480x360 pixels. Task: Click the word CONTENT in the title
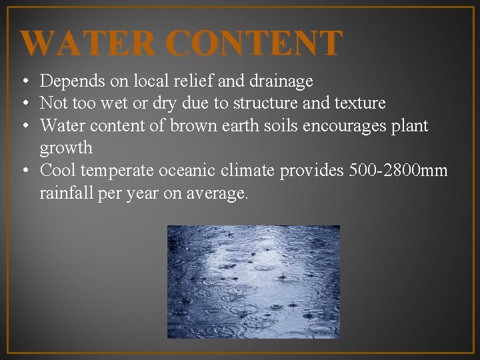[255, 43]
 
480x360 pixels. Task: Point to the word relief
[193, 81]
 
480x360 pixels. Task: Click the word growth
[66, 147]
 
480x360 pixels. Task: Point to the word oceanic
[189, 171]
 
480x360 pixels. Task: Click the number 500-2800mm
[397, 171]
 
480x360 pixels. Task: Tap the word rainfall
[66, 193]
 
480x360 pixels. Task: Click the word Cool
[57, 171]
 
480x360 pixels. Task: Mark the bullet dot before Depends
[24, 82]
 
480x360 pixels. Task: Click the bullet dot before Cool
[24, 171]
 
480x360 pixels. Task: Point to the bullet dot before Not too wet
[24, 104]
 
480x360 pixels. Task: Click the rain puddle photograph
[253, 282]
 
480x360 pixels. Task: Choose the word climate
[250, 171]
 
